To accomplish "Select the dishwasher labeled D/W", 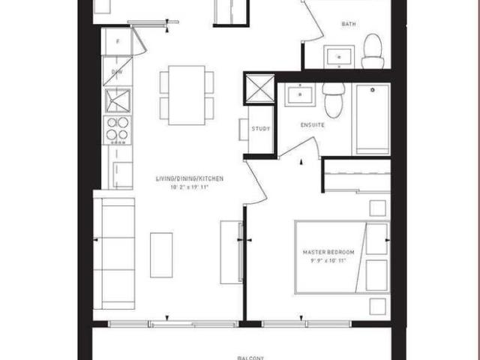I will point(117,72).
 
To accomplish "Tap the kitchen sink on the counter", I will point(117,100).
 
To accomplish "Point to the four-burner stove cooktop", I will point(117,130).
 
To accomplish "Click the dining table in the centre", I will point(187,95).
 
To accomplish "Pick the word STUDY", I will point(261,129).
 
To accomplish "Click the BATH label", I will point(349,24).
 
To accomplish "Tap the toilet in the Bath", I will point(373,52).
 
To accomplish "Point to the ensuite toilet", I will point(333,99).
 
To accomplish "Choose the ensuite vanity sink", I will point(300,95).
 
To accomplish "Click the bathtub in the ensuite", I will point(371,118).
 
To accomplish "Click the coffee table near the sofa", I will point(161,255).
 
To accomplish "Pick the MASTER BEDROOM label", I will point(328,252).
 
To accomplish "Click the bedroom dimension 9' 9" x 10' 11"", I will point(328,261).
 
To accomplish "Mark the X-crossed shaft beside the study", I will point(259,88).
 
